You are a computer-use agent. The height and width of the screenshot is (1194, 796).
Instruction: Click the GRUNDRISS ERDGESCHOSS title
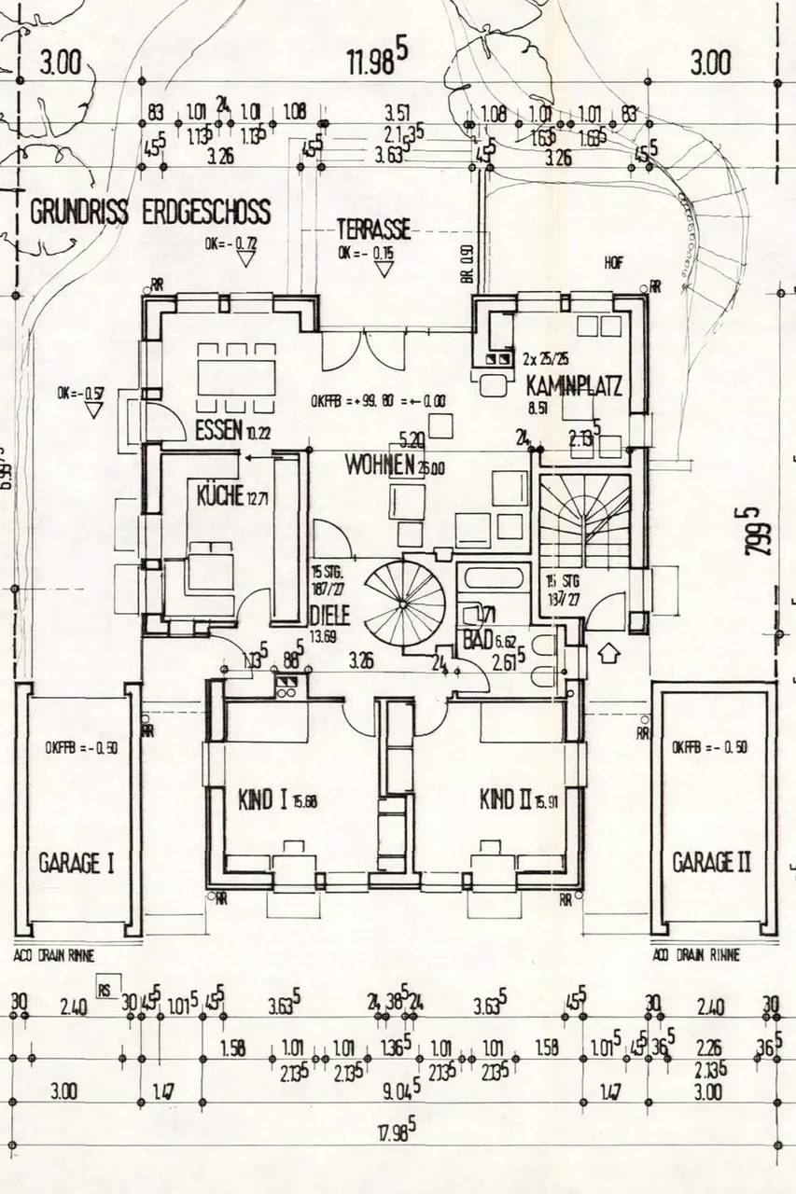click(x=150, y=212)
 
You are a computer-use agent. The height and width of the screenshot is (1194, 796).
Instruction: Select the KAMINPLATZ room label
click(x=573, y=384)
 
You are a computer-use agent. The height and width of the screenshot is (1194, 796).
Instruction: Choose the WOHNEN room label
click(x=380, y=465)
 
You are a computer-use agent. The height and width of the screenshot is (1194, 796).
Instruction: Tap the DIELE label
click(x=329, y=616)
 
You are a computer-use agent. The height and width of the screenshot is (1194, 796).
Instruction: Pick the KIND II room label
click(x=505, y=799)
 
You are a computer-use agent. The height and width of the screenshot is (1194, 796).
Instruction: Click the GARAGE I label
click(x=77, y=862)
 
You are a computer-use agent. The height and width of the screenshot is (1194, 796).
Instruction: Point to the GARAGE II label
click(x=711, y=862)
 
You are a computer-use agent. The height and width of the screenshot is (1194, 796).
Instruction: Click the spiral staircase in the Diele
click(x=405, y=602)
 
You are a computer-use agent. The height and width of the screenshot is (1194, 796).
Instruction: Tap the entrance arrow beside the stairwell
click(x=607, y=652)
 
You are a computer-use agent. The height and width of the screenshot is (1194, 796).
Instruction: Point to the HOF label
click(x=613, y=264)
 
